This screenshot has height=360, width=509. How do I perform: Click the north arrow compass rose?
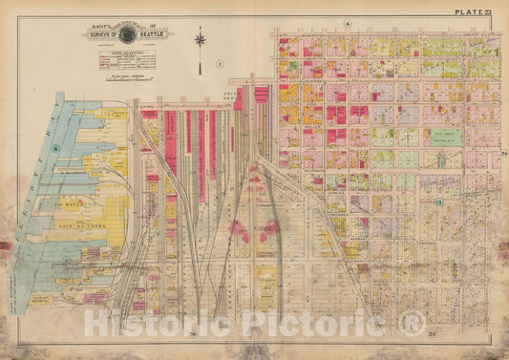200,41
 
